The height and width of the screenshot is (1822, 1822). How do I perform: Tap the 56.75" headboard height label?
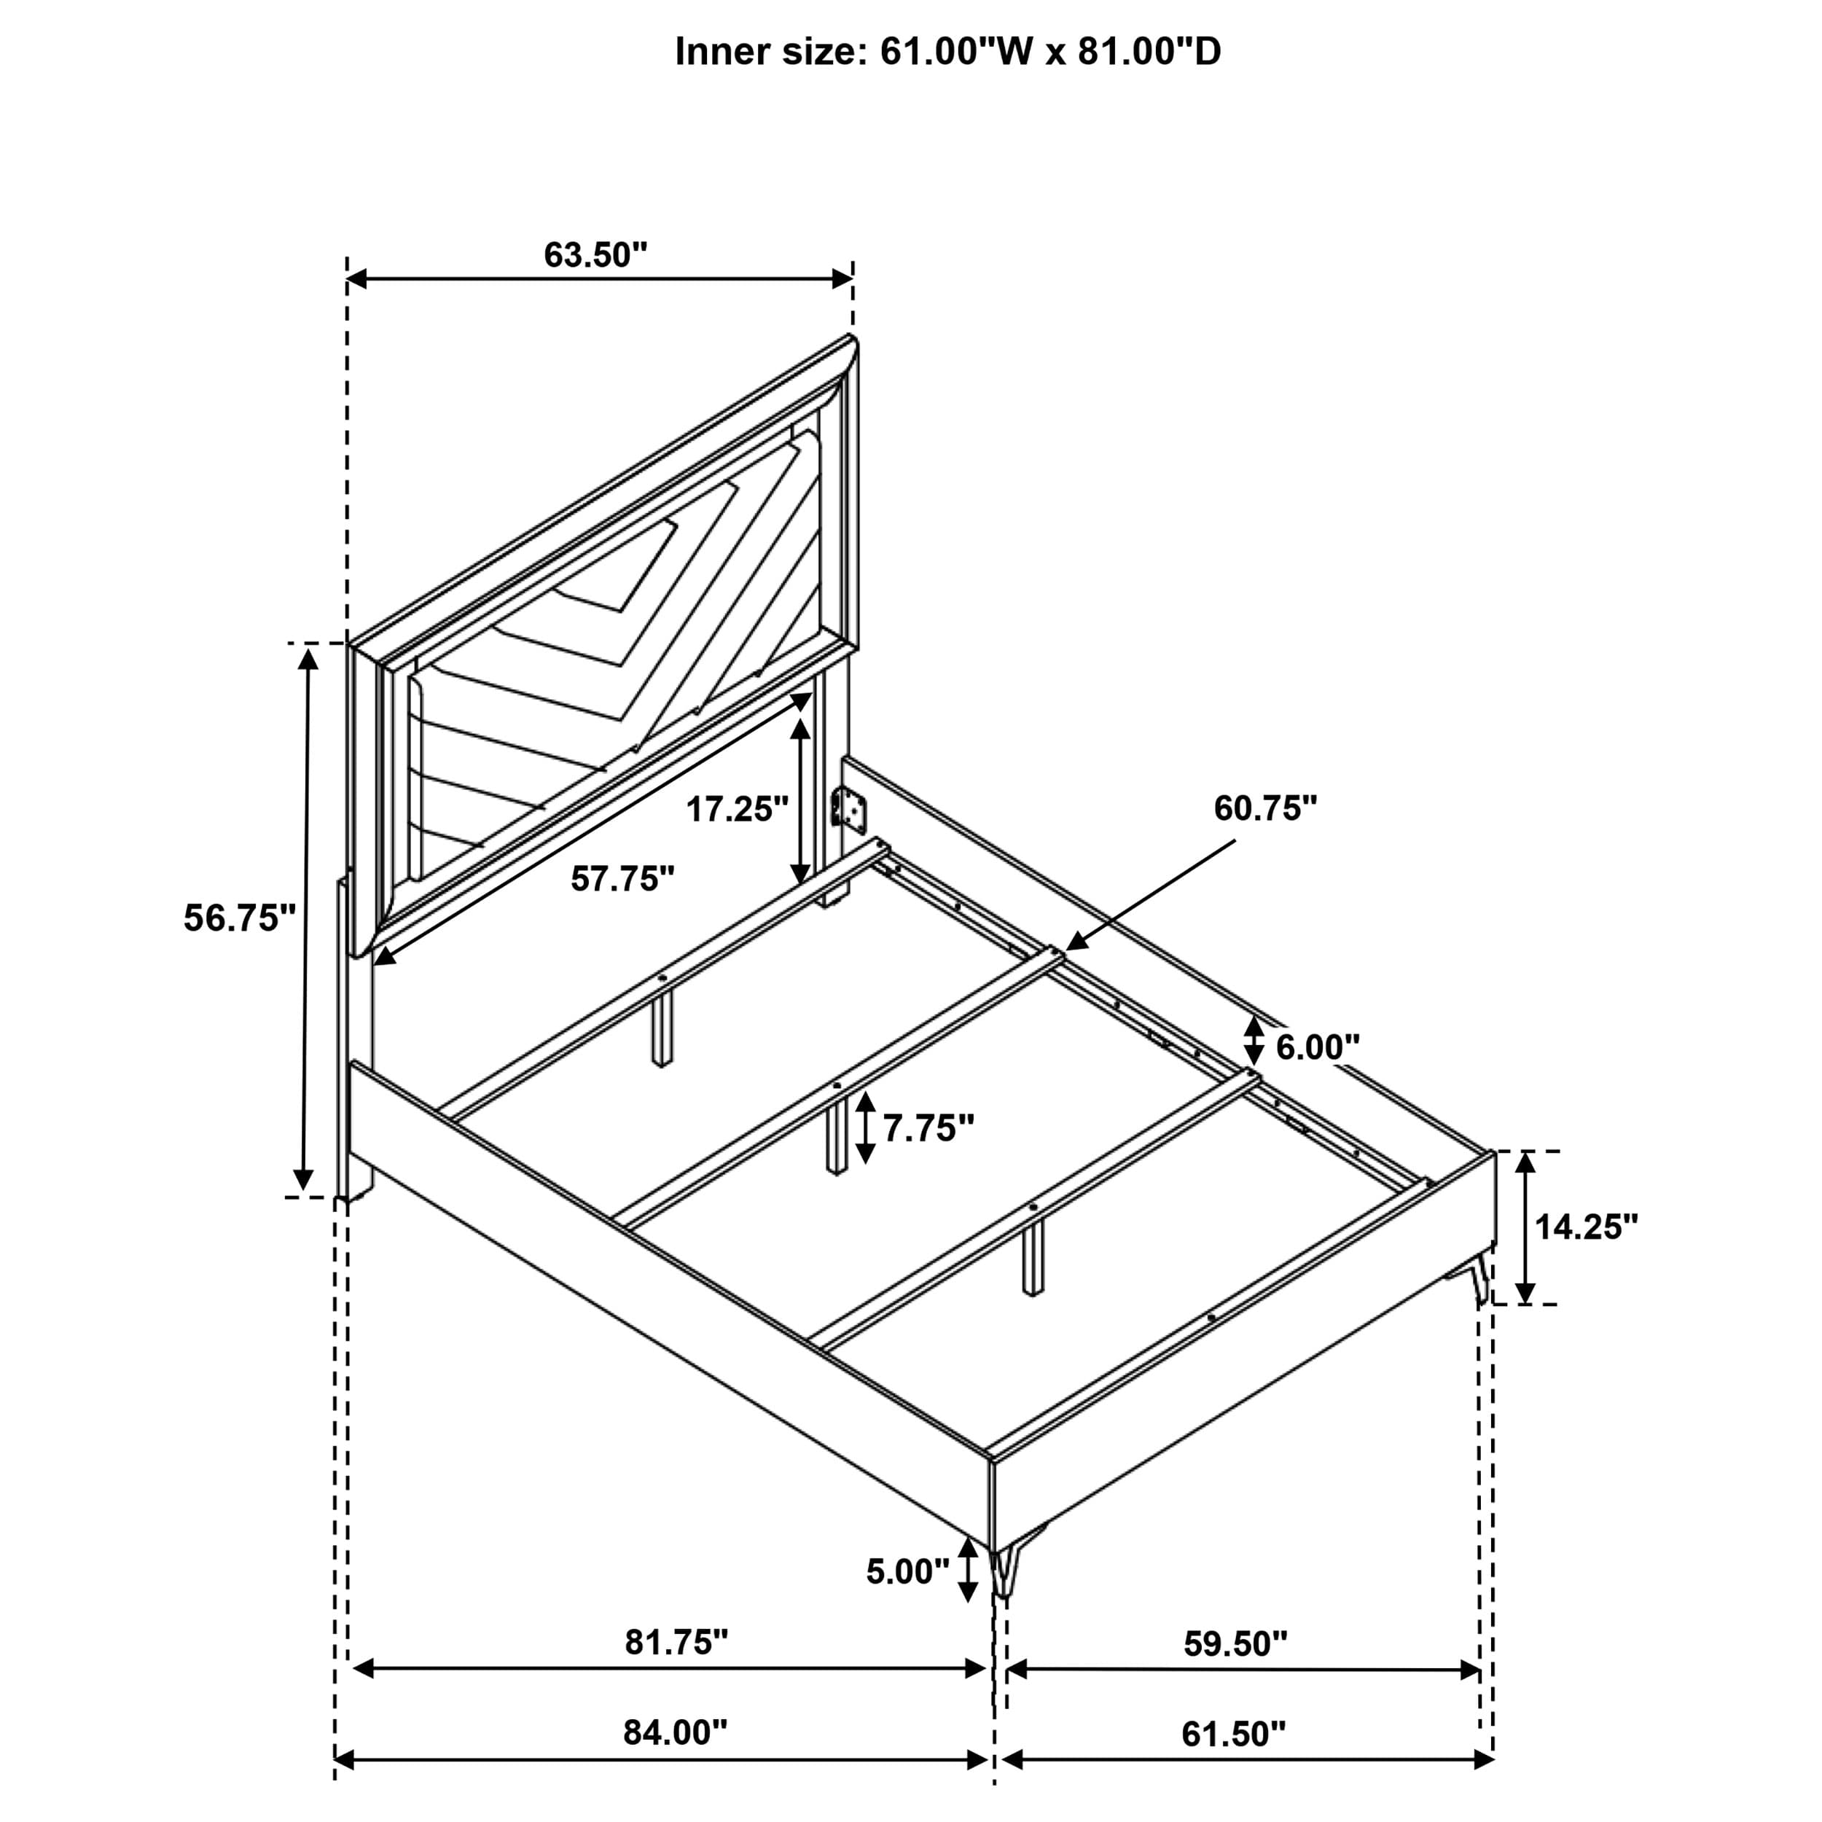tap(240, 918)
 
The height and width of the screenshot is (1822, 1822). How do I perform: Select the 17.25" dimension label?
tap(737, 809)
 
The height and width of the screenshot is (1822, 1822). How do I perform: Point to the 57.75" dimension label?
tap(622, 879)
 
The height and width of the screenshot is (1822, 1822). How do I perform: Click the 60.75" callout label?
tap(1264, 808)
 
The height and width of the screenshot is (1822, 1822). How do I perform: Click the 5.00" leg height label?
tap(907, 1571)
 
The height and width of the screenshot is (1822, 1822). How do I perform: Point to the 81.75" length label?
tap(676, 1642)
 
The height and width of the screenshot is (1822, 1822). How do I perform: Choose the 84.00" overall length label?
tap(676, 1732)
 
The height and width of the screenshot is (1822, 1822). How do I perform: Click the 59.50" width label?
tap(1235, 1643)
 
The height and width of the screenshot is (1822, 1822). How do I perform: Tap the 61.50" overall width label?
tap(1234, 1733)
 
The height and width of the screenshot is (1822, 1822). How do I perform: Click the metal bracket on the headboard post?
tap(849, 811)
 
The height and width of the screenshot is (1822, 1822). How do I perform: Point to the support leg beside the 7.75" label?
tap(835, 1136)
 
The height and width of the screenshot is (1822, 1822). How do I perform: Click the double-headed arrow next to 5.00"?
tap(968, 1571)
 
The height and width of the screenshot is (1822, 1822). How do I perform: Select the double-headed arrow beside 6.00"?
tap(1254, 1041)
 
